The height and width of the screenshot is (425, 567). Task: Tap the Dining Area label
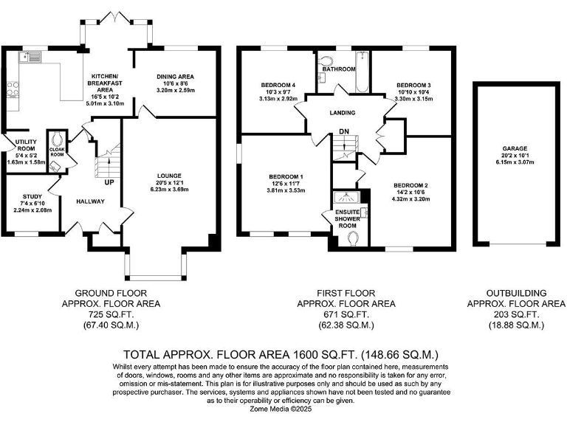[175, 76]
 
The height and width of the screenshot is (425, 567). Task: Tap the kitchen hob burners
[13, 89]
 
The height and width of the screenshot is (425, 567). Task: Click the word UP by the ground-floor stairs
[109, 182]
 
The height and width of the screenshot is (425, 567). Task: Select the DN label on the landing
[343, 132]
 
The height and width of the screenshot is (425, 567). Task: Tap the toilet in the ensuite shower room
[354, 238]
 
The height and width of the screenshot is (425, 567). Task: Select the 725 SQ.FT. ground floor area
[111, 314]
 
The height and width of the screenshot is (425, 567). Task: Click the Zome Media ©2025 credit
[283, 407]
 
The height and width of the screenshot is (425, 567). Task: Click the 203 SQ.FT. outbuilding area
[516, 314]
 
